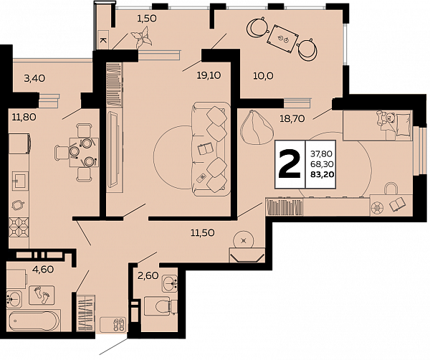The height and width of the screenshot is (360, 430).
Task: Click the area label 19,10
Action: pyautogui.click(x=209, y=75)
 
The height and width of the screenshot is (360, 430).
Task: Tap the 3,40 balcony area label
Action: pyautogui.click(x=34, y=79)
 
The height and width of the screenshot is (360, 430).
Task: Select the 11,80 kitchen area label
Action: pyautogui.click(x=24, y=118)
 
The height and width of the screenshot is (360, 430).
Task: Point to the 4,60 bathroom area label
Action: pyautogui.click(x=43, y=270)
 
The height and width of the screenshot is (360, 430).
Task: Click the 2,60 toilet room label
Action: pyautogui.click(x=148, y=275)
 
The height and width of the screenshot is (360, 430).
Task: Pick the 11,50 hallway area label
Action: pyautogui.click(x=203, y=233)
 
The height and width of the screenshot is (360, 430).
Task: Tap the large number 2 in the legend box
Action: pyautogui.click(x=290, y=165)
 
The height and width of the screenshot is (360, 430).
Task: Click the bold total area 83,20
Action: pyautogui.click(x=322, y=174)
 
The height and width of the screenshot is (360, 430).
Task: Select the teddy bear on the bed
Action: pyautogui.click(x=386, y=118)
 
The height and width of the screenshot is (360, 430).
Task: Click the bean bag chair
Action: pyautogui.click(x=257, y=127)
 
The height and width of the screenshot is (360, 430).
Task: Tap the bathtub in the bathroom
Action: pyautogui.click(x=34, y=321)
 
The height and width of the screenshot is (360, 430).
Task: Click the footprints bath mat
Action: pyautogui.click(x=42, y=295)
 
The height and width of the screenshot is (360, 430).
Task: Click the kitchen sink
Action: pyautogui.click(x=20, y=181)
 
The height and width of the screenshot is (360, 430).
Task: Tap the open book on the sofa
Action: pyautogui.click(x=205, y=148)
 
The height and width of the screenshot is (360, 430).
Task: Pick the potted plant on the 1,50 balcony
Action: pyautogui.click(x=142, y=37)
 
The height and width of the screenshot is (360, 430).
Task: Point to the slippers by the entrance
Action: pyautogui.click(x=119, y=323)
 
